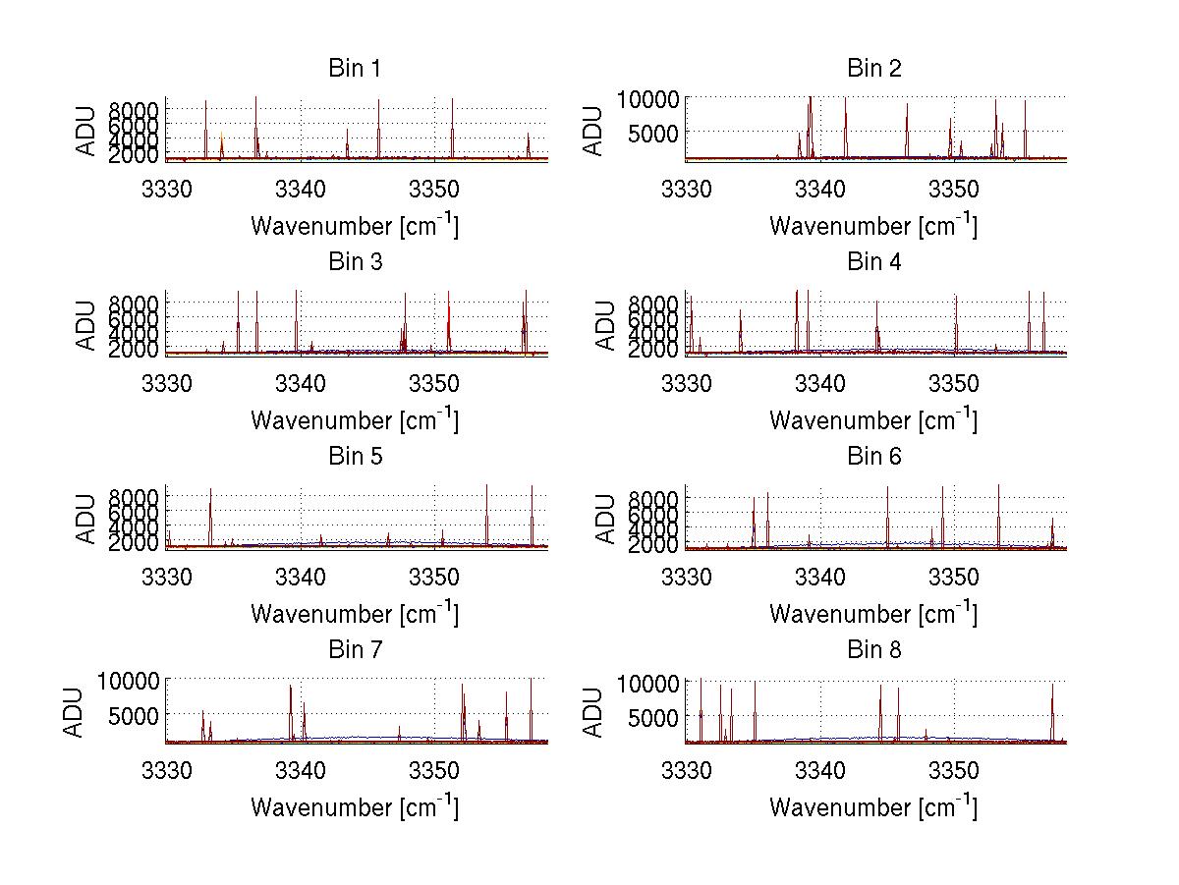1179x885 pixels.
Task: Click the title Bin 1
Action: pyautogui.click(x=354, y=69)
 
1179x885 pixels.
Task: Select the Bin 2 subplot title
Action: pyautogui.click(x=873, y=69)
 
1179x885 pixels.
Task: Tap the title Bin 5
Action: pyautogui.click(x=354, y=457)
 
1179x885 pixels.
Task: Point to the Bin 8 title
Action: pyautogui.click(x=873, y=650)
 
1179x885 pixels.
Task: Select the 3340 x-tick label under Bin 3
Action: pyautogui.click(x=301, y=380)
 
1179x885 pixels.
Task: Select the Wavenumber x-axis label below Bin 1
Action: pyautogui.click(x=354, y=225)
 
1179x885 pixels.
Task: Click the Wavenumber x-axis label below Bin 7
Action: pyautogui.click(x=354, y=806)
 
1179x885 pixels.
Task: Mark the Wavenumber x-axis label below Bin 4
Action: pyautogui.click(x=873, y=419)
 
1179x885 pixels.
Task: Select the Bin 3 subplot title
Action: pyautogui.click(x=354, y=262)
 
